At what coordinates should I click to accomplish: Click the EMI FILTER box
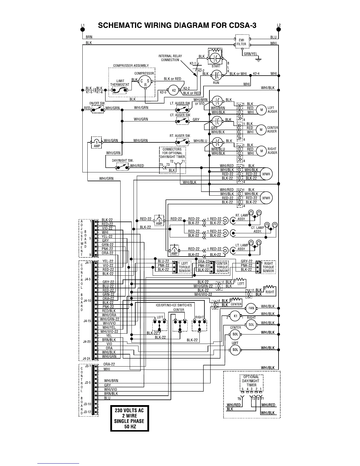point(242,42)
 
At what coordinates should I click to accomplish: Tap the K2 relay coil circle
point(174,90)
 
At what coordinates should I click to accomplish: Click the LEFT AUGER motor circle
point(261,110)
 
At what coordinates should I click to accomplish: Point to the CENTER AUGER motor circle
point(261,130)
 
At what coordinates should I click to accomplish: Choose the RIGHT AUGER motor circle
point(261,151)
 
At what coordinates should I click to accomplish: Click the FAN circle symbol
point(251,308)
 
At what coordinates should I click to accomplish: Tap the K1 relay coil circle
point(235,316)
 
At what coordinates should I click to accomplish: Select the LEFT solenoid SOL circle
point(235,349)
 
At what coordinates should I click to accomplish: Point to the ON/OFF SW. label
point(97,103)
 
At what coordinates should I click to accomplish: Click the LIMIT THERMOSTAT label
point(120,83)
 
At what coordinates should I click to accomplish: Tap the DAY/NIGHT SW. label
point(123,161)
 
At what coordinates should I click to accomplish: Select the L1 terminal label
point(83,26)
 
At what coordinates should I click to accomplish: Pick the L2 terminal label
point(279,25)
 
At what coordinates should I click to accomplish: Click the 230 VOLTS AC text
point(129,411)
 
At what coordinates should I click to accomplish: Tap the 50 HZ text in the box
point(129,426)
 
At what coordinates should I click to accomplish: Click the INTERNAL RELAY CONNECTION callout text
point(170,58)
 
